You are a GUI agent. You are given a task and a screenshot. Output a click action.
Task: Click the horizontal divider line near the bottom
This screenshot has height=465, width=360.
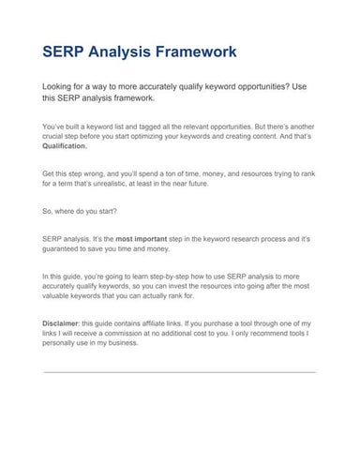click(x=179, y=372)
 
